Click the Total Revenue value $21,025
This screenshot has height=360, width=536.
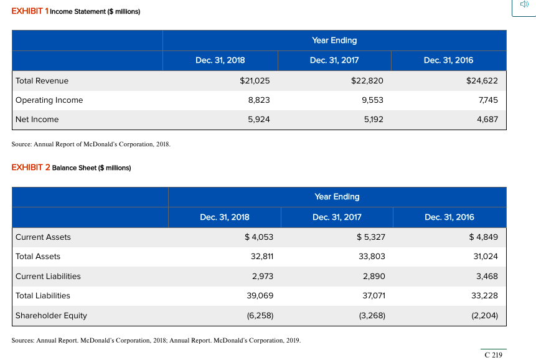pyautogui.click(x=255, y=80)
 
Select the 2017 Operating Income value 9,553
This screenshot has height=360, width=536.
pyautogui.click(x=372, y=100)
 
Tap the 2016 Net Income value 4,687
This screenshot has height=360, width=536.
pyautogui.click(x=487, y=119)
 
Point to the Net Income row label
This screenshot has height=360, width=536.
pyautogui.click(x=37, y=119)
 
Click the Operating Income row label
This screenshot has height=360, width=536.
pyautogui.click(x=49, y=100)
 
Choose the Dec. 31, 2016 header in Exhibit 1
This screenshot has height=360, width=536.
pyautogui.click(x=448, y=60)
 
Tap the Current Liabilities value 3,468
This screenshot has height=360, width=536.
pyautogui.click(x=486, y=276)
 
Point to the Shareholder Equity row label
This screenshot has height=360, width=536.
pyautogui.click(x=51, y=315)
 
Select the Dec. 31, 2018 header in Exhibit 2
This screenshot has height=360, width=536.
pyautogui.click(x=224, y=217)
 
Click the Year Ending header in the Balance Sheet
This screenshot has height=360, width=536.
pyautogui.click(x=337, y=196)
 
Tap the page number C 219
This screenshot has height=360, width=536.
pyautogui.click(x=492, y=354)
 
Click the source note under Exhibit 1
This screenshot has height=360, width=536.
pyautogui.click(x=90, y=144)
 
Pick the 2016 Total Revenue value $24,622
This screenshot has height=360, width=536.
pyautogui.click(x=482, y=80)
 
